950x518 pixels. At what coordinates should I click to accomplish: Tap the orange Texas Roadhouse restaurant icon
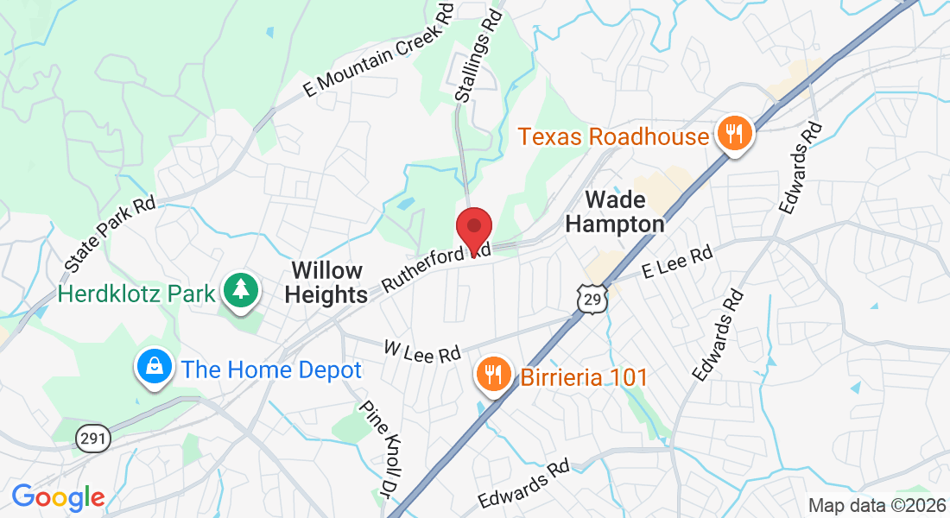pos(734,134)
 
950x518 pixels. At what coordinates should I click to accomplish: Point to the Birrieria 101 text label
pos(583,377)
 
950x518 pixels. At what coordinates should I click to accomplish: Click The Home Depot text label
pos(271,370)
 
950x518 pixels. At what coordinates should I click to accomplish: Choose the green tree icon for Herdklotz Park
pos(241,291)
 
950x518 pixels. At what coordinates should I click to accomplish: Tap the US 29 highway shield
pos(591,299)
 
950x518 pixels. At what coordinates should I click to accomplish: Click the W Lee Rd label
pos(422,352)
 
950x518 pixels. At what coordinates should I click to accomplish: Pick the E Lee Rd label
pos(679,262)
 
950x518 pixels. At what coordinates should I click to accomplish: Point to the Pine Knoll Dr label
pos(380,450)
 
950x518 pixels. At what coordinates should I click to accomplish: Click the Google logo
pos(58,497)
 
